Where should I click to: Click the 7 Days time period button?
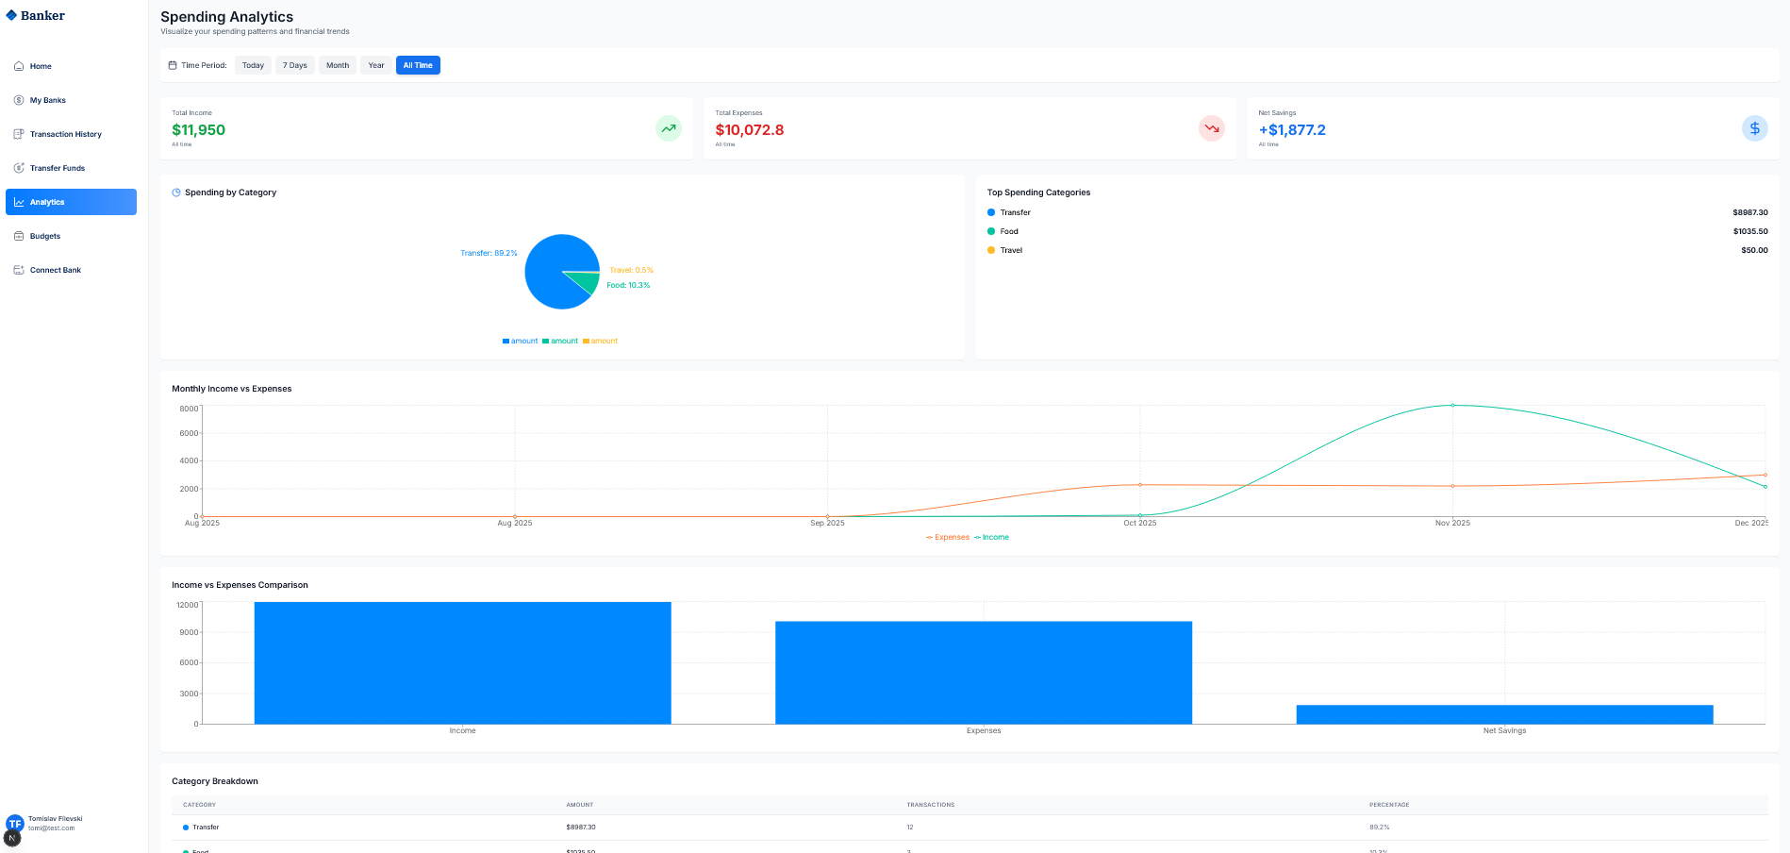tap(295, 65)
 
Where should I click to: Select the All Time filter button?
tap(418, 65)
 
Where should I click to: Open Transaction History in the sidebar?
tap(65, 134)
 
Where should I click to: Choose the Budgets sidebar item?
tap(44, 236)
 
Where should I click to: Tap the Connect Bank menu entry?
tap(55, 270)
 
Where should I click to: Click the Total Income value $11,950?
tap(198, 130)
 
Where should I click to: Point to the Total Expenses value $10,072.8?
tap(749, 130)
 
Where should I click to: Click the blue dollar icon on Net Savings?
tap(1754, 128)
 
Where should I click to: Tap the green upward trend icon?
tap(668, 128)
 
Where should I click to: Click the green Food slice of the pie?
tap(588, 282)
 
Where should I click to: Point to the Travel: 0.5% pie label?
tap(631, 270)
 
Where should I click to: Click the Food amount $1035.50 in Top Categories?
tap(1749, 231)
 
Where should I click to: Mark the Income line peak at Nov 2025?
tap(1452, 406)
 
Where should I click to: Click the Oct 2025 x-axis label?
tap(1139, 523)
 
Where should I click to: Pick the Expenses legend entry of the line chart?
tap(948, 537)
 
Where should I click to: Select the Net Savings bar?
tap(1504, 714)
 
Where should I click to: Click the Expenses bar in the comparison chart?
tap(983, 672)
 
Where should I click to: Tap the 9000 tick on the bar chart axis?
tap(189, 632)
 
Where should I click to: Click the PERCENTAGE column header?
tap(1389, 805)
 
